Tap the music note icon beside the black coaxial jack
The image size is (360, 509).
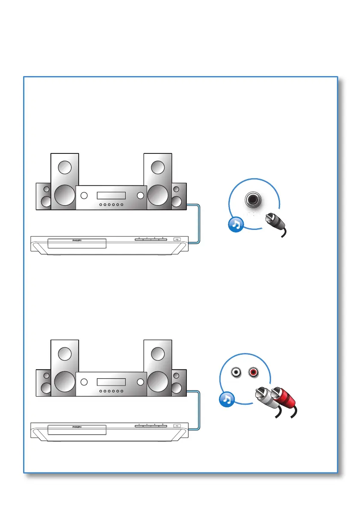[x=236, y=224]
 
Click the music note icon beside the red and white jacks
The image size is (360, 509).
[x=227, y=399]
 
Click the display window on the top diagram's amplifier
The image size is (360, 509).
[x=111, y=196]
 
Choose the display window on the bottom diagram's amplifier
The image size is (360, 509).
[x=111, y=382]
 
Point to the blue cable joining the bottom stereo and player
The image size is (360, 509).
[x=197, y=410]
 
